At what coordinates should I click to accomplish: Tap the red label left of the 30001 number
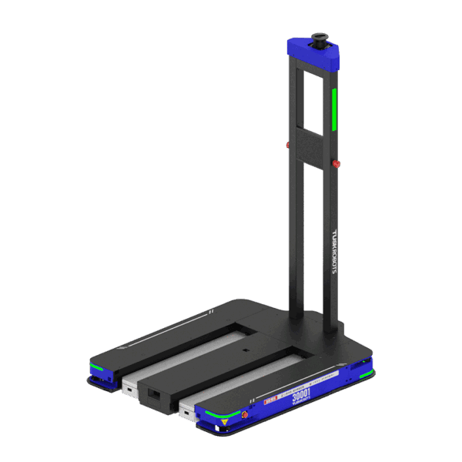pos(270,400)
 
